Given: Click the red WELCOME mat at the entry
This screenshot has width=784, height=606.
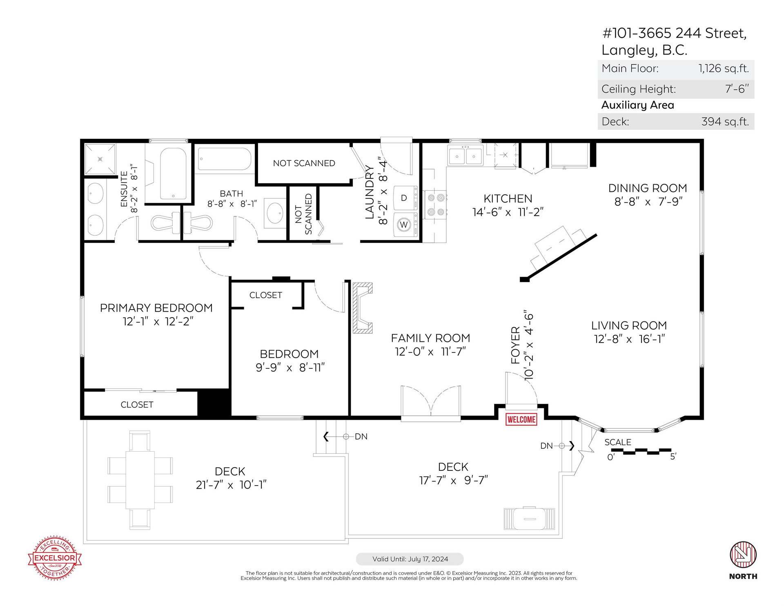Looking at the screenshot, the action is [x=521, y=419].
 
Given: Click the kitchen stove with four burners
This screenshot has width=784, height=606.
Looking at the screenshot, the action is [x=435, y=205].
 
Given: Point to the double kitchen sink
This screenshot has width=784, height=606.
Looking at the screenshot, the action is [x=465, y=156].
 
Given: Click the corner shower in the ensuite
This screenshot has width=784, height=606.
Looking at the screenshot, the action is [x=100, y=159].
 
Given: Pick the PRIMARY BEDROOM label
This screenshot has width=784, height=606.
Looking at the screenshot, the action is [x=156, y=308].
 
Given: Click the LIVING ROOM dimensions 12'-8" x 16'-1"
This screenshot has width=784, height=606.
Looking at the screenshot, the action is [x=629, y=339].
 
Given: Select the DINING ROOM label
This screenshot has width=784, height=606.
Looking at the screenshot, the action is [x=648, y=188].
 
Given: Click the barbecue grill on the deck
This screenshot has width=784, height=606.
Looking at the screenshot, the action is [x=530, y=519].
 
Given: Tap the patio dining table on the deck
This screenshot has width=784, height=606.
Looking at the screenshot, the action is [x=140, y=480].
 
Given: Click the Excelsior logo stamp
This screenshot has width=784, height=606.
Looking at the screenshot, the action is [x=55, y=557].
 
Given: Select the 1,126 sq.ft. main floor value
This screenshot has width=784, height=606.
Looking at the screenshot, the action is [x=724, y=68].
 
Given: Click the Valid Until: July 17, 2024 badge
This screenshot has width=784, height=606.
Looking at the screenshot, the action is [x=410, y=559].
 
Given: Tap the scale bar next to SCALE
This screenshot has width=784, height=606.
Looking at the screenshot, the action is [x=641, y=451].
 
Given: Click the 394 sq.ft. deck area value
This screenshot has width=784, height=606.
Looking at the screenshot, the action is [x=725, y=122].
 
